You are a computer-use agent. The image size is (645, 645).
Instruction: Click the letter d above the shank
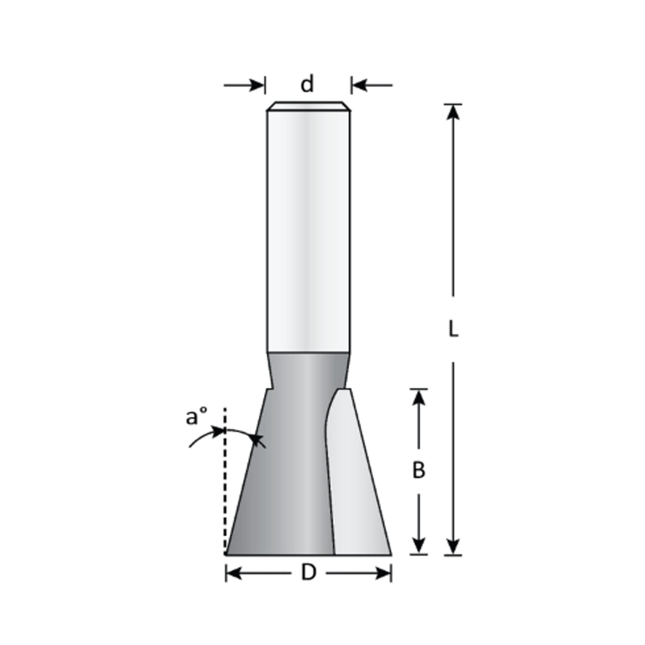coord(307,84)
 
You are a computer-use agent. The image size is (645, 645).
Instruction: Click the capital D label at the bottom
coord(308,573)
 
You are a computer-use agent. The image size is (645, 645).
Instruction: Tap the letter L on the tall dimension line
coord(453,329)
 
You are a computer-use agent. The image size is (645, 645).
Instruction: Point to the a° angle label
coord(197,417)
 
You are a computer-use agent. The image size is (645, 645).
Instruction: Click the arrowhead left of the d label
coord(258,84)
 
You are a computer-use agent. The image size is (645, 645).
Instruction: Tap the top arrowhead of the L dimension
coord(453,111)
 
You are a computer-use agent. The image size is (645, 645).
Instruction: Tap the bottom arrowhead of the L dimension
coord(453,547)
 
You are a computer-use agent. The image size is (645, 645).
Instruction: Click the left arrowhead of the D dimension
coord(234,573)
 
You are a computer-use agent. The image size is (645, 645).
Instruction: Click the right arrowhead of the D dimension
coord(384,573)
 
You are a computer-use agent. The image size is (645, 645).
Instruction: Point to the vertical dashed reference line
coord(225,491)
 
